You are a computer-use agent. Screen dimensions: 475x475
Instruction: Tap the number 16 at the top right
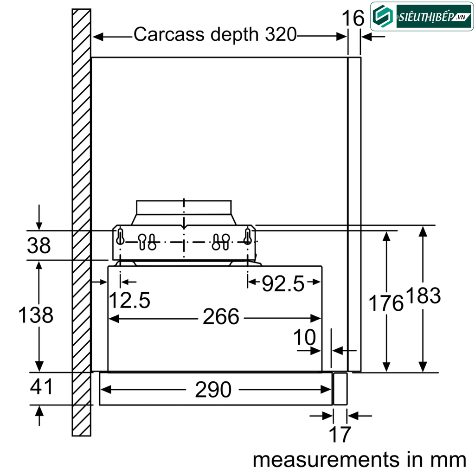(353, 19)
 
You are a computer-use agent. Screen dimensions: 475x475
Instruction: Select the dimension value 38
(39, 245)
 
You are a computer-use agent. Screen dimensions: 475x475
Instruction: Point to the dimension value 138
(36, 315)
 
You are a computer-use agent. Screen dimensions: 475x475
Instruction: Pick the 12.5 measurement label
(129, 300)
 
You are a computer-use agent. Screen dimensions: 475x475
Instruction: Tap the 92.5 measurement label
(283, 283)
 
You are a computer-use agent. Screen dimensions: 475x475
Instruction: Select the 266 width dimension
(221, 317)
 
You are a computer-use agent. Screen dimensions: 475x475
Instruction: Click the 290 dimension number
(213, 390)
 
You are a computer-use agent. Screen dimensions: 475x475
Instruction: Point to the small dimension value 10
(305, 338)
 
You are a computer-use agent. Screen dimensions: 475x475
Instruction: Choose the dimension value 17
(340, 435)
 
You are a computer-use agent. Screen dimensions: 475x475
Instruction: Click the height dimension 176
(385, 303)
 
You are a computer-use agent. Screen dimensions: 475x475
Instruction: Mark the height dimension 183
(423, 295)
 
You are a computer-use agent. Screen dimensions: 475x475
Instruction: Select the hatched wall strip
(81, 223)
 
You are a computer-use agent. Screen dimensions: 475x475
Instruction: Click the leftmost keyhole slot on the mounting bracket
(120, 236)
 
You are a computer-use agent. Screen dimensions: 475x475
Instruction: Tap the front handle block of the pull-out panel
(340, 389)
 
